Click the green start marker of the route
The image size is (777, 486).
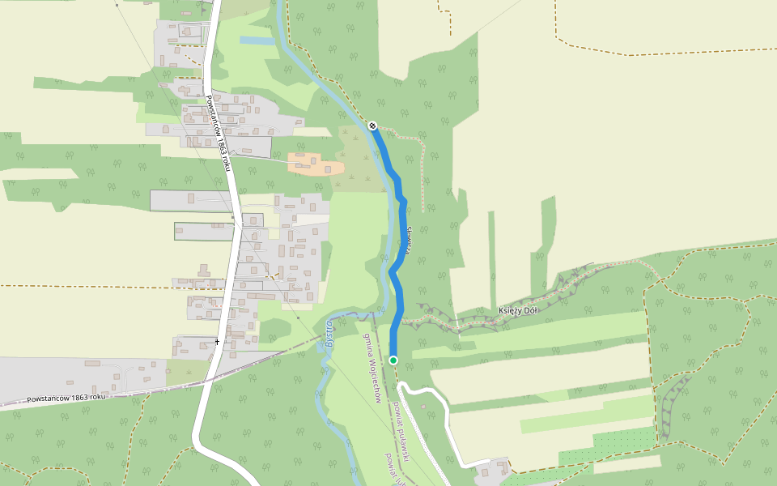393,360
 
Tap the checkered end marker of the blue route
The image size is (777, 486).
372,126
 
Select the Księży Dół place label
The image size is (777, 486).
518,310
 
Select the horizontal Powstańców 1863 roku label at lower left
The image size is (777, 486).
66,398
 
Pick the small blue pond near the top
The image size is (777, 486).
257,40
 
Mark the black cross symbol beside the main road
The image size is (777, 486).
217,342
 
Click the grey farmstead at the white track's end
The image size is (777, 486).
491,469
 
